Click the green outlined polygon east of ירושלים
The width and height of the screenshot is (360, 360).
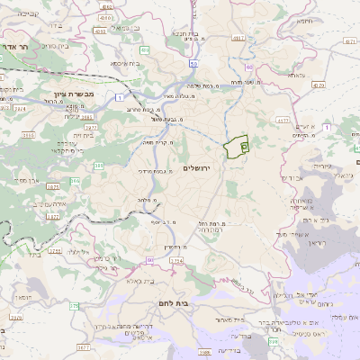pos(238,146)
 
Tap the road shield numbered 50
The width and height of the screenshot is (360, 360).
pos(193,64)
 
